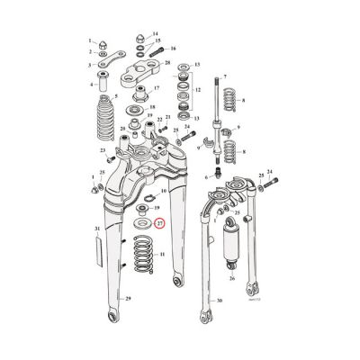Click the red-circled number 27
tap(160, 223)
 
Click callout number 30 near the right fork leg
tap(219, 301)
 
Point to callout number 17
tap(155, 88)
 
